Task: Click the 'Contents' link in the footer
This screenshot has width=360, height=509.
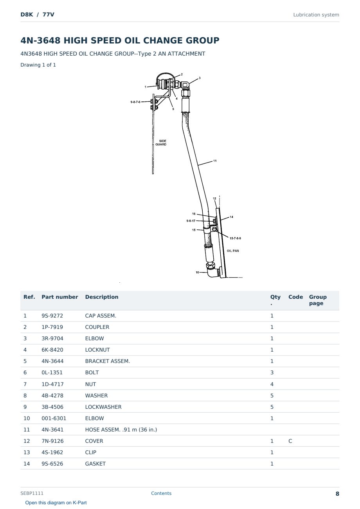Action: point(161,493)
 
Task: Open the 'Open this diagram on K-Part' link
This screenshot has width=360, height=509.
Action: point(56,503)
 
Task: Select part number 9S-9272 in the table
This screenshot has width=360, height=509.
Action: point(52,316)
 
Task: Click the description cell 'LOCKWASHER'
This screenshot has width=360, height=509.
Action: point(103,407)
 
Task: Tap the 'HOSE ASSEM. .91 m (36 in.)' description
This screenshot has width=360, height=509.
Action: point(121,430)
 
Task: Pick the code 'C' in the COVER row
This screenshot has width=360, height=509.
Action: point(290,441)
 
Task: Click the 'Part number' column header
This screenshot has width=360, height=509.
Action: point(59,297)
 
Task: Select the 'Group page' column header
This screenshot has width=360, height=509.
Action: point(318,300)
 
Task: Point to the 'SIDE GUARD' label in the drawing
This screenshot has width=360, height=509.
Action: point(161,143)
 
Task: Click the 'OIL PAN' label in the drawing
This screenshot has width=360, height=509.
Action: point(233,251)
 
